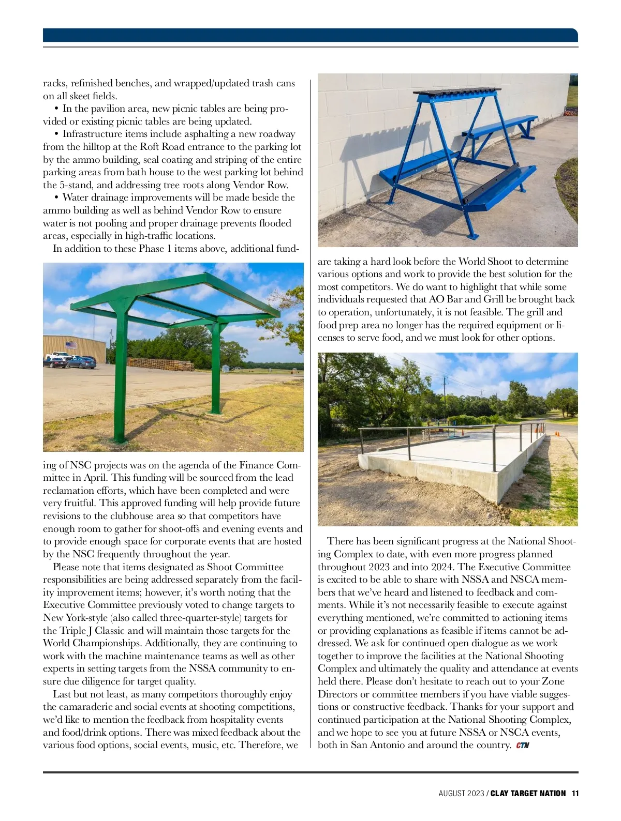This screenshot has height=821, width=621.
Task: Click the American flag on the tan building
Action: [71, 345]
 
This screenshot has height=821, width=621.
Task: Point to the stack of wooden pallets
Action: [160, 364]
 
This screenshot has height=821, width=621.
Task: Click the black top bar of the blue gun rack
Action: [457, 93]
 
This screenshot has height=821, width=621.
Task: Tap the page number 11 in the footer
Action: [574, 793]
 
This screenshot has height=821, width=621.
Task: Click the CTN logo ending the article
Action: [523, 746]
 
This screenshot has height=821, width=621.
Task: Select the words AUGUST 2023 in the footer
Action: [461, 793]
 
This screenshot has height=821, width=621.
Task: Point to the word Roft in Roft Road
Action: [150, 147]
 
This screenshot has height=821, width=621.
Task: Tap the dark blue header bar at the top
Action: [310, 35]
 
